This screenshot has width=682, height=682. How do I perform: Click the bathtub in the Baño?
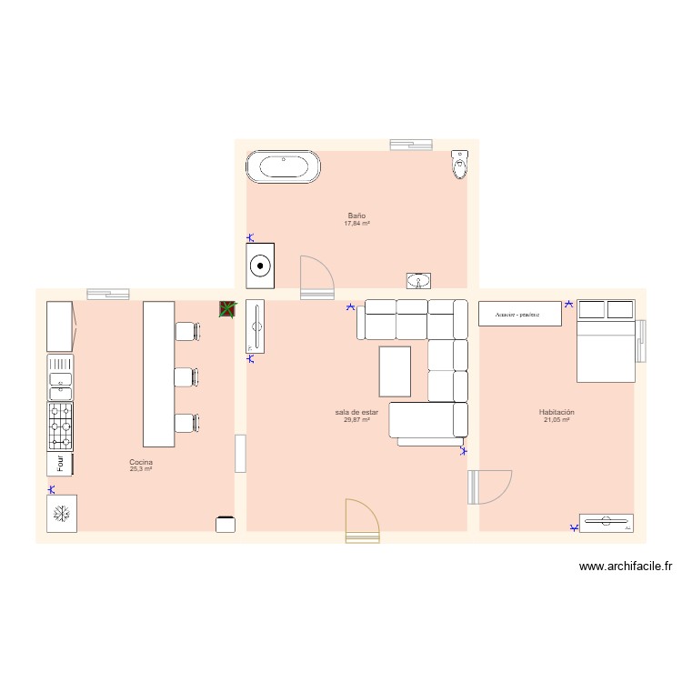point(283,166)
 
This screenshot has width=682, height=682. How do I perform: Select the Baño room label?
point(356,216)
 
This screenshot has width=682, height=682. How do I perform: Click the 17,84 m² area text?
point(356,224)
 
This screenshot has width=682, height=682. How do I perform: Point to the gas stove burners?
point(61,426)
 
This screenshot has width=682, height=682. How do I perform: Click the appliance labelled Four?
point(61,464)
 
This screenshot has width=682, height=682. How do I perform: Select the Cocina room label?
point(141,462)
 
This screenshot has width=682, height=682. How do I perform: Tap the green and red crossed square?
point(227,309)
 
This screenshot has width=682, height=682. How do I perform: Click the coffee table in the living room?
point(395,372)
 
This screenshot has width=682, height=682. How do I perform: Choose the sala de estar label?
point(356,412)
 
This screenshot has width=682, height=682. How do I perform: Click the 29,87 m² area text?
point(356,420)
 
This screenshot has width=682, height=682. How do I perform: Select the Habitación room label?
point(557,412)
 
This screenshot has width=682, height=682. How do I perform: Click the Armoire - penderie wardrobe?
point(520,314)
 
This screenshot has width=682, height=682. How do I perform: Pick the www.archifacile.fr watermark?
point(627,567)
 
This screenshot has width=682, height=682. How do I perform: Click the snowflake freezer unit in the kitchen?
point(61,513)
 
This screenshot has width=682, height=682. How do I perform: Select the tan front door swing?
point(362,523)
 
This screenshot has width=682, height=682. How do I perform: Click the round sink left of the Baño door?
point(261,266)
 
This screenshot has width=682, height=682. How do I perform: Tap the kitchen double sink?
point(61,377)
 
